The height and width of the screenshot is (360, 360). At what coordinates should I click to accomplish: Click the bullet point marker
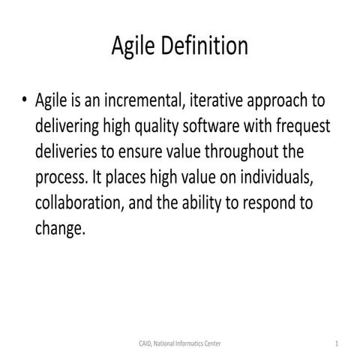click(x=24, y=101)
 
